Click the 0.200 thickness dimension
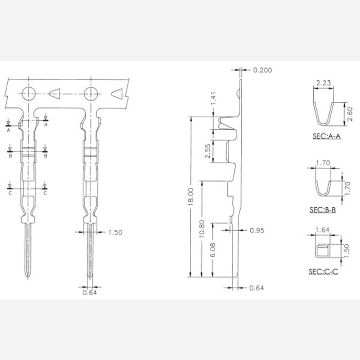click(x=262, y=70)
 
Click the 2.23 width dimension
click(x=323, y=82)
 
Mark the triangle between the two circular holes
click(x=56, y=94)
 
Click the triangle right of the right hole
click(x=118, y=94)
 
